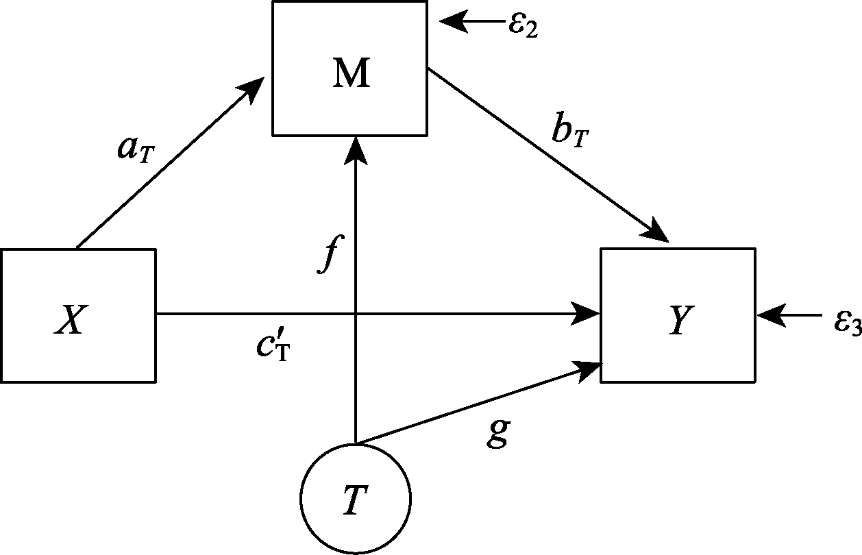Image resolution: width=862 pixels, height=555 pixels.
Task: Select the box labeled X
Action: [x=78, y=314]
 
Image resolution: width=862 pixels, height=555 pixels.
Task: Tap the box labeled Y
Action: [x=678, y=314]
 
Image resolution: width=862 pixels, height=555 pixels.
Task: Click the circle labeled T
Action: [x=355, y=498]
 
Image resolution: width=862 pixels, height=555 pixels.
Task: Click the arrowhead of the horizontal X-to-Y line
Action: [x=588, y=314]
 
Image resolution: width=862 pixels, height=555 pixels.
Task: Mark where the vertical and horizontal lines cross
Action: [x=355, y=314]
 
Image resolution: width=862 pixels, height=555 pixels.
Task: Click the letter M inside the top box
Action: [x=351, y=74]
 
